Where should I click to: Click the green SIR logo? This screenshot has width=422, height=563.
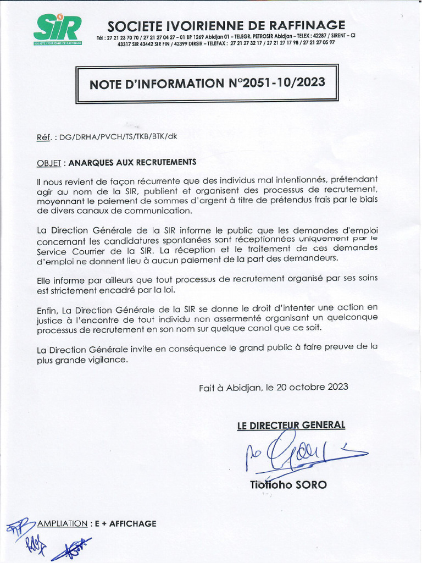pyautogui.click(x=57, y=29)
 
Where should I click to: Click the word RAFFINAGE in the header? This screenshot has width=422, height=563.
pyautogui.click(x=313, y=25)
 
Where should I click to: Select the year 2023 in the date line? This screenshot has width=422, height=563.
pyautogui.click(x=338, y=387)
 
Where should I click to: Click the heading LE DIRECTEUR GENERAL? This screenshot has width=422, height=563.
pyautogui.click(x=291, y=425)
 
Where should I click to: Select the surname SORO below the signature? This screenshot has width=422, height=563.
pyautogui.click(x=311, y=485)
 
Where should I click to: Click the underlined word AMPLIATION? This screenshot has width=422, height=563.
pyautogui.click(x=62, y=524)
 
